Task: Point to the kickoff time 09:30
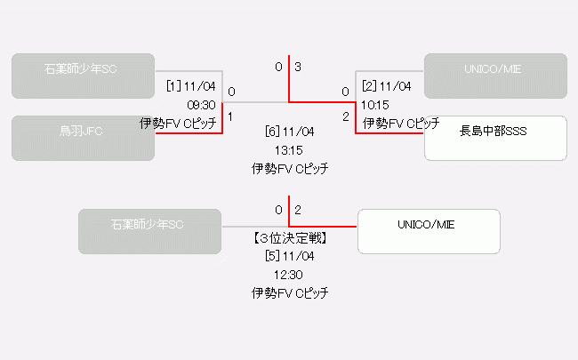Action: tap(201, 104)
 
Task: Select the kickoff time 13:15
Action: tap(289, 149)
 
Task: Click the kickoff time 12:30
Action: tap(289, 275)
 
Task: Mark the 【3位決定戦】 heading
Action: tap(289, 238)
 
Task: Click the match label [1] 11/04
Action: tap(191, 86)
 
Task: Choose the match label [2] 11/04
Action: tap(387, 86)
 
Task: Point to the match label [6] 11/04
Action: tap(289, 132)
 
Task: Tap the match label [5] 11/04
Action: tap(289, 257)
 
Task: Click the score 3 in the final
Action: tap(299, 67)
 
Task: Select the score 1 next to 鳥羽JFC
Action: tap(231, 116)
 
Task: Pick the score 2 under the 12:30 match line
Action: tap(299, 210)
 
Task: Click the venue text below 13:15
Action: tap(289, 167)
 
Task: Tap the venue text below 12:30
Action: tap(289, 292)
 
